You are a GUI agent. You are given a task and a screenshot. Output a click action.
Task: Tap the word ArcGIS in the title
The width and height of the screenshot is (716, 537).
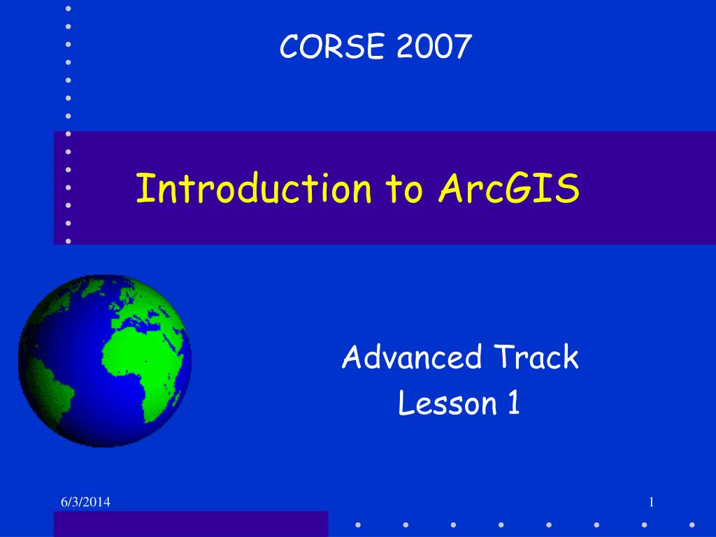point(509,189)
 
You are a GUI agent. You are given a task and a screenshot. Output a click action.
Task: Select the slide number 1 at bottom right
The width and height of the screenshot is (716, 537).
point(651,502)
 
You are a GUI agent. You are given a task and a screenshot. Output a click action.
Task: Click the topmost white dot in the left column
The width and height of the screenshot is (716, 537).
point(68,8)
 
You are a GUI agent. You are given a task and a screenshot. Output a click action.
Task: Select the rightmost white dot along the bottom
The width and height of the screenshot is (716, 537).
point(692,524)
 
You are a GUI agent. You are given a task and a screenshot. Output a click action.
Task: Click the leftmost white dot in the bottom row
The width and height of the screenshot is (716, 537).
point(357,524)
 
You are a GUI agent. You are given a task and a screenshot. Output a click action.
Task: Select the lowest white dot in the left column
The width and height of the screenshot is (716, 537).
point(68,241)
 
